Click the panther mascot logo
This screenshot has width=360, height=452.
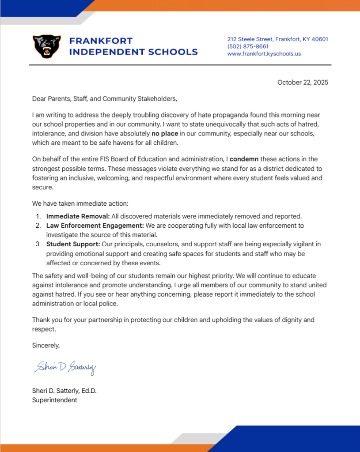[46, 46]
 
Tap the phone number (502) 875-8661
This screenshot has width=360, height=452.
[248, 46]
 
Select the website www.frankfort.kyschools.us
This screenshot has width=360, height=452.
[264, 54]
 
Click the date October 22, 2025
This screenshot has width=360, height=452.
[303, 82]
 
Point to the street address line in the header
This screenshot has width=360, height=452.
[277, 39]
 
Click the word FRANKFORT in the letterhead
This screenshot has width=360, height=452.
[101, 41]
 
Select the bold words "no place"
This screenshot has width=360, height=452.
[165, 133]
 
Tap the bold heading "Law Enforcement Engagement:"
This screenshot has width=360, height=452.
[95, 226]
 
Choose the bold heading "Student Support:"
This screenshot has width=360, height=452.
[73, 244]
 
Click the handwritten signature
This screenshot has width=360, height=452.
[64, 367]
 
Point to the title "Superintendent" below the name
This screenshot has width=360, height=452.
[54, 400]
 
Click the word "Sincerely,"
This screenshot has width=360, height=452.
[45, 345]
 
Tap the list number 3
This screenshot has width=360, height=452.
[38, 244]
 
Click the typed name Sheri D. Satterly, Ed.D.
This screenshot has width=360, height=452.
[64, 391]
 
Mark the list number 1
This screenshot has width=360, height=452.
[38, 216]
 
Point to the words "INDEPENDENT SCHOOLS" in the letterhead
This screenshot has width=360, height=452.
[134, 52]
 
